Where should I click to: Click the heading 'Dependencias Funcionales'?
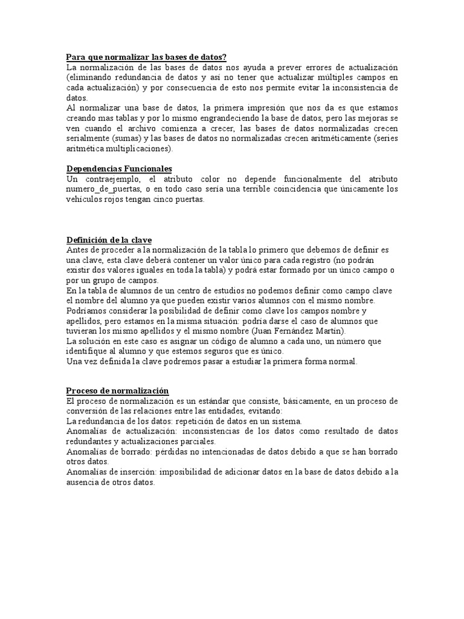pos(118,169)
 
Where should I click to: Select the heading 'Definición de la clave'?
pos(109,240)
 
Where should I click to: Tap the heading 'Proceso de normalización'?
pos(117,391)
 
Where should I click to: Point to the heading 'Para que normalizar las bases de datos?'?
pos(146,57)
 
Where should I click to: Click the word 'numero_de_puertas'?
pos(98,189)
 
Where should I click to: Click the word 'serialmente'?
pos(87,138)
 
